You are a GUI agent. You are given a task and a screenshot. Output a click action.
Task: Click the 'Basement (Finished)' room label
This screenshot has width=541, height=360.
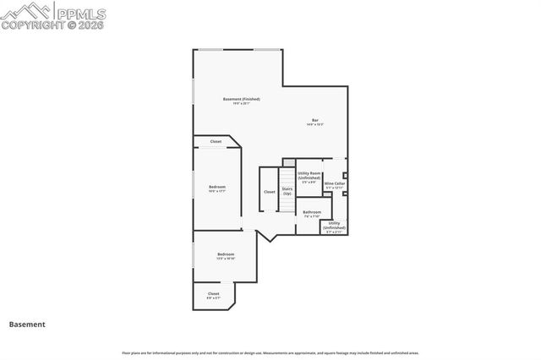(241, 99)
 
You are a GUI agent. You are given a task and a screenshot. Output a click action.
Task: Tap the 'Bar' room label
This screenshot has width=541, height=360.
(314, 120)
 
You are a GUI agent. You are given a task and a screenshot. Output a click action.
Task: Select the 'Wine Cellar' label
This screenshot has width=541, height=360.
(335, 183)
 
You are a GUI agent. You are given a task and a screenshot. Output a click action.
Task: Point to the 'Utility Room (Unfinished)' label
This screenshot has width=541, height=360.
(309, 175)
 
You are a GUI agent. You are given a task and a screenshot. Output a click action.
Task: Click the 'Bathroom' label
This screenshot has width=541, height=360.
(312, 211)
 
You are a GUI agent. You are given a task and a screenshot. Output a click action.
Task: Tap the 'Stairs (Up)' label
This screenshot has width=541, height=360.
(287, 191)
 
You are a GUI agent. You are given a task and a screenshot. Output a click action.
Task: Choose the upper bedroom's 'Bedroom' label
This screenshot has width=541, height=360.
(217, 186)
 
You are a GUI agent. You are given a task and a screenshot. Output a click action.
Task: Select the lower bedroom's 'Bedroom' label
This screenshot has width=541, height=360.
(225, 254)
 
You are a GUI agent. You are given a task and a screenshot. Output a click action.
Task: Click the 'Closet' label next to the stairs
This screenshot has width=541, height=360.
(269, 192)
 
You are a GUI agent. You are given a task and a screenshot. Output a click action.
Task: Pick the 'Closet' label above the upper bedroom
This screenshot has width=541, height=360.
(216, 141)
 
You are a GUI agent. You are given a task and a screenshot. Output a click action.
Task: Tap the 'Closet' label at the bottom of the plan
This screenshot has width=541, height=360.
(213, 293)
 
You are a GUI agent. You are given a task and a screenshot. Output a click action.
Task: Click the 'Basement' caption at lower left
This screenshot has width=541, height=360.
(27, 324)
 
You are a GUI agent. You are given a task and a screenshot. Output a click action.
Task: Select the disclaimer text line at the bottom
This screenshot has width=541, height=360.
(270, 352)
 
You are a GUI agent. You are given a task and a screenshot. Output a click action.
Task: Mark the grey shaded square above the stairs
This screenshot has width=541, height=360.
(288, 162)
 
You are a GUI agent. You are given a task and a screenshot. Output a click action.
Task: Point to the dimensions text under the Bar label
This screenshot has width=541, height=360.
(314, 125)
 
